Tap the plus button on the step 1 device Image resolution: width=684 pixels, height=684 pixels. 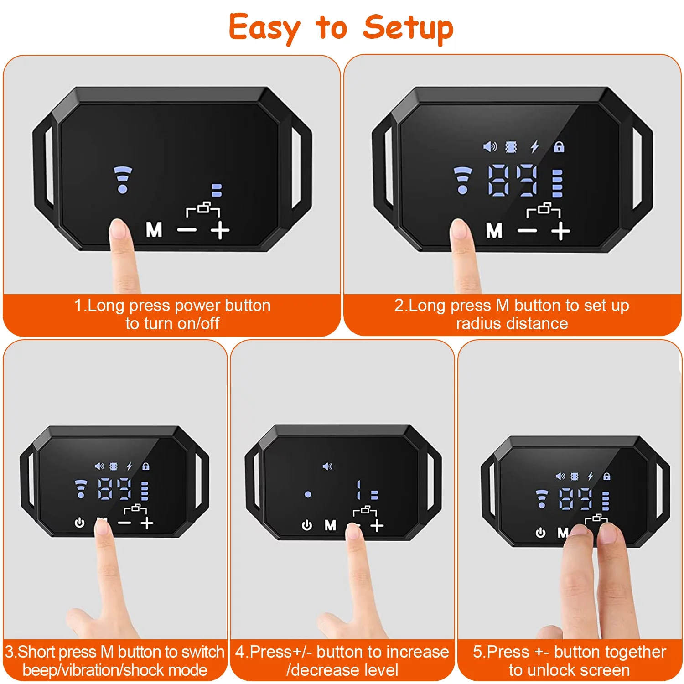pos(220,231)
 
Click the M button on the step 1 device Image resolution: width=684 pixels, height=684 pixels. pos(154,230)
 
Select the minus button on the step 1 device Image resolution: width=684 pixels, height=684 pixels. pos(187,230)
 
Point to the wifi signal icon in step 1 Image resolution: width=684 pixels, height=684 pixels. pos(123,179)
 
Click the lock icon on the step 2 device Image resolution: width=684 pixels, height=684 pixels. pos(559,147)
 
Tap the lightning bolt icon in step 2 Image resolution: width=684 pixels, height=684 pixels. pos(535,147)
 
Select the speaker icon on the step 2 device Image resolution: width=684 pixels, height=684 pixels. pos(490,147)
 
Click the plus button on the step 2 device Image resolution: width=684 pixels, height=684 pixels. pos(560,231)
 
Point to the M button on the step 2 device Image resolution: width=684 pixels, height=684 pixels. pos(494,231)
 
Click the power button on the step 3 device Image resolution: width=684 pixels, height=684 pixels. pos(80,523)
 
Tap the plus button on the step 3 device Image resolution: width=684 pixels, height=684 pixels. pos(147,523)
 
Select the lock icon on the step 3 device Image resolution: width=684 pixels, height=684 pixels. pos(146,466)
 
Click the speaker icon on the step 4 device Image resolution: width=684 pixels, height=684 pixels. pos(327,466)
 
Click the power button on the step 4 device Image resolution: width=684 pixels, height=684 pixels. pos(307,526)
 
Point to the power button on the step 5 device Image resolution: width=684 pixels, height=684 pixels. pos(540,533)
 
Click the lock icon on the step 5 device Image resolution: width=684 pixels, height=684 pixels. pos(606,476)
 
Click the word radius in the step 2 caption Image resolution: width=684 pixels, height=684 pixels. pos(477,324)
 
